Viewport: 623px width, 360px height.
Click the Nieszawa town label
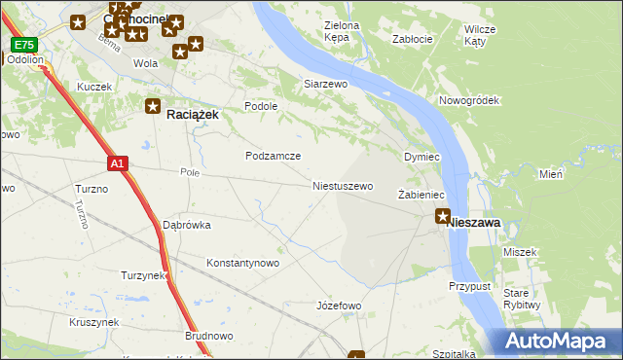tap(474, 223)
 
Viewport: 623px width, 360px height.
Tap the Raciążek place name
tap(193, 113)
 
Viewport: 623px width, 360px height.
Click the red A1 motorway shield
tap(117, 164)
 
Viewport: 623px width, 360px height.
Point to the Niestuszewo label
tap(343, 185)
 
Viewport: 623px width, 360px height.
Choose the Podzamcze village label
tap(273, 156)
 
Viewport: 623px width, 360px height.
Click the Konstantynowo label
tap(243, 263)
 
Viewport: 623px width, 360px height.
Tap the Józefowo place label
tap(339, 306)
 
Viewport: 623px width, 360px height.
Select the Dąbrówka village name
tap(187, 225)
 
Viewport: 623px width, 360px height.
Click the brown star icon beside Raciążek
tap(153, 106)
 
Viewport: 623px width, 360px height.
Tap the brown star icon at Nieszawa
tap(443, 216)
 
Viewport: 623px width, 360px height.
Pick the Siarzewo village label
tap(326, 85)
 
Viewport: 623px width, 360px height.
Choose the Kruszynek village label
tap(93, 322)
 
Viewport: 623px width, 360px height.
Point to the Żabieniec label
tap(421, 196)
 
